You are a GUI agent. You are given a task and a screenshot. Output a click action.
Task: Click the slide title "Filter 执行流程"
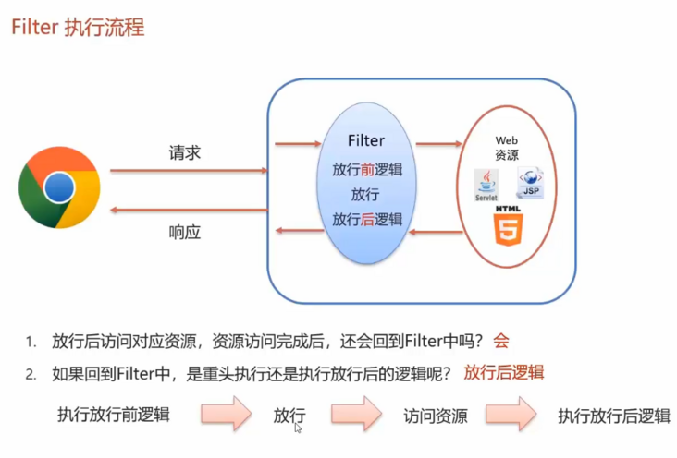click(x=78, y=28)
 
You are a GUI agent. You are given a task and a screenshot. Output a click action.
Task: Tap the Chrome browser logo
click(x=58, y=188)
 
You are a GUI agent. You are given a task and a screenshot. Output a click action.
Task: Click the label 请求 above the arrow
click(x=185, y=152)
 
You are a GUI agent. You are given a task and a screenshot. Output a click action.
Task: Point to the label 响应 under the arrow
click(x=185, y=232)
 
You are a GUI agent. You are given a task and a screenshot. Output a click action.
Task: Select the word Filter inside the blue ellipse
click(x=366, y=140)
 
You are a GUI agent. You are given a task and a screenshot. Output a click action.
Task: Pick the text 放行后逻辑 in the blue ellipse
click(x=367, y=219)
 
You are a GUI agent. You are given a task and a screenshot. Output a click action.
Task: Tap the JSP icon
click(x=531, y=183)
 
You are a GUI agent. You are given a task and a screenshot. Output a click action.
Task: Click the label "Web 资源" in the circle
click(x=507, y=147)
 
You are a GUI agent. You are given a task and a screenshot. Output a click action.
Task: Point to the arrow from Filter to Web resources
click(x=438, y=143)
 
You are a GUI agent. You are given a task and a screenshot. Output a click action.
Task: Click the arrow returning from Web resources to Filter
click(x=438, y=231)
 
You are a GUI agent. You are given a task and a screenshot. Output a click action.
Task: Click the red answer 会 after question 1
click(x=501, y=341)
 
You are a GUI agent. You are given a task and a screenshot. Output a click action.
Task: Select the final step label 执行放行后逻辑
click(x=613, y=416)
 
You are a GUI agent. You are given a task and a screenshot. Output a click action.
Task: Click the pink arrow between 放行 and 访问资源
click(x=357, y=413)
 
